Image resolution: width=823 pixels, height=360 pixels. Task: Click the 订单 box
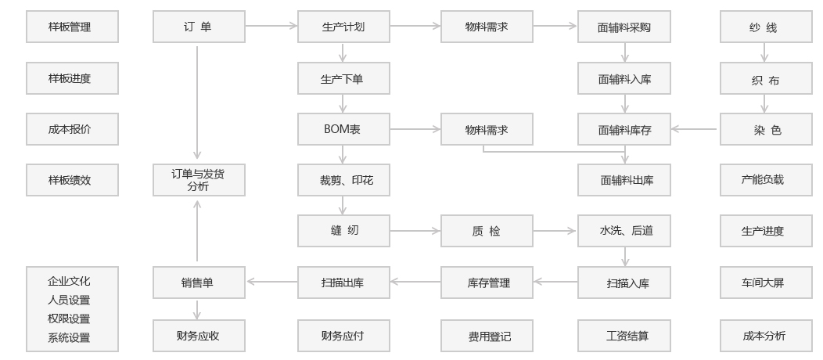click(x=197, y=27)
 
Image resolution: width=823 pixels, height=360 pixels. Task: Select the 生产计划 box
click(x=343, y=27)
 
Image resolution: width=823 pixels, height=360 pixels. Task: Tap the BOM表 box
click(x=343, y=129)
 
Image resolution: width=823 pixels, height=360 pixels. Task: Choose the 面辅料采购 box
click(x=624, y=27)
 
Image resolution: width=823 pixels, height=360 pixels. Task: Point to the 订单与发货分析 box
click(x=197, y=180)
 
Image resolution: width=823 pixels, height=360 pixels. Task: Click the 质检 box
click(x=487, y=231)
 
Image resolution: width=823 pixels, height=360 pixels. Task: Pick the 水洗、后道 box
click(x=624, y=231)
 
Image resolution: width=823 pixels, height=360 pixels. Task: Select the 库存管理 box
click(x=487, y=283)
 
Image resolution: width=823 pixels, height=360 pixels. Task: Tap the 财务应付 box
click(x=343, y=336)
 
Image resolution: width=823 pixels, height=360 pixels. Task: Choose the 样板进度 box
click(x=72, y=78)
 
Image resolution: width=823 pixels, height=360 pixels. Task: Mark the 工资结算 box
click(x=624, y=336)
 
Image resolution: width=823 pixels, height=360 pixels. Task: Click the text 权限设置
click(x=70, y=319)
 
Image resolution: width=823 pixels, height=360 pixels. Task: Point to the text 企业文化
click(x=70, y=280)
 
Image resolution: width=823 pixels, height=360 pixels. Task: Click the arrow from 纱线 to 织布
click(x=764, y=52)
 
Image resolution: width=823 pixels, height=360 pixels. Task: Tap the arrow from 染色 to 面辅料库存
click(x=695, y=129)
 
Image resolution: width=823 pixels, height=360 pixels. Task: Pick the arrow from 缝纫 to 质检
click(x=415, y=231)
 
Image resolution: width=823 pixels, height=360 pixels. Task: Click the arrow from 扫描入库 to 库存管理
click(x=555, y=282)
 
